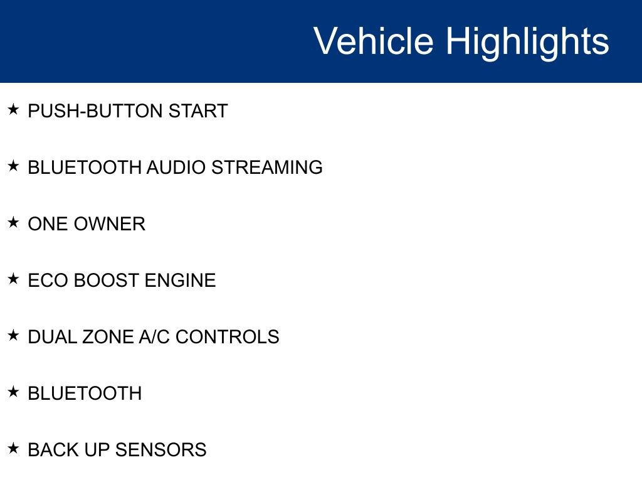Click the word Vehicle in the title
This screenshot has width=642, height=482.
(373, 41)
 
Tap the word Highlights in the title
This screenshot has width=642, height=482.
(527, 41)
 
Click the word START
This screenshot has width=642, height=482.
(197, 111)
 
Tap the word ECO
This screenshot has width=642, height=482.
(48, 281)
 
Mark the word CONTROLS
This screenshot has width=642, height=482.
(228, 337)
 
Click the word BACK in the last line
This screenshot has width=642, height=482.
(50, 450)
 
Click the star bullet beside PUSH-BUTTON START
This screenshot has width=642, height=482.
(13, 110)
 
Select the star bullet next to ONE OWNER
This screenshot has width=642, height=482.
(13, 223)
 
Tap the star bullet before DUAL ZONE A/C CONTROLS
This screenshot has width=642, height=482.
(13, 336)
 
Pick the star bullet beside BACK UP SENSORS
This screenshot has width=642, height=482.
(13, 449)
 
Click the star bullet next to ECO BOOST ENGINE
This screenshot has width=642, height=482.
(13, 279)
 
